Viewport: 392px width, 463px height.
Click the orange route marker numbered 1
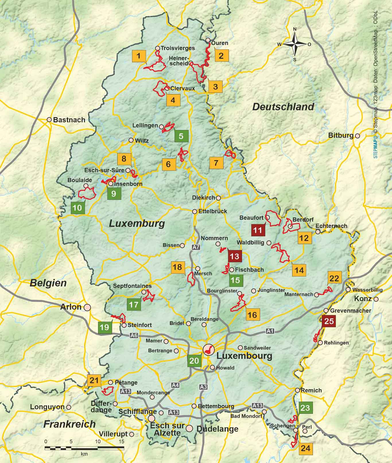pyautogui.click(x=139, y=56)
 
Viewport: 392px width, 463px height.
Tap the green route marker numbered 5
pyautogui.click(x=181, y=136)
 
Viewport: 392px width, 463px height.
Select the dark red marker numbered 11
pyautogui.click(x=258, y=230)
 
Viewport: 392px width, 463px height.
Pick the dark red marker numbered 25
pyautogui.click(x=329, y=321)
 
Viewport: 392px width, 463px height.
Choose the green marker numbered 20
pyautogui.click(x=194, y=361)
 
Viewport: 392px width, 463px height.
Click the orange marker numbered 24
pyautogui.click(x=306, y=448)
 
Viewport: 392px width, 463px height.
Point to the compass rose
pyautogui.click(x=295, y=44)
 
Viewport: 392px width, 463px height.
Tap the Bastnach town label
pyautogui.click(x=69, y=120)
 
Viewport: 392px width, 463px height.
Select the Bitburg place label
pyautogui.click(x=341, y=135)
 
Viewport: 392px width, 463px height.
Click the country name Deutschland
pyautogui.click(x=283, y=107)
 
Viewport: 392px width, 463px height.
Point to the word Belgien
pyautogui.click(x=48, y=283)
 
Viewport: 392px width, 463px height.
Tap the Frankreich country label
pyautogui.click(x=69, y=424)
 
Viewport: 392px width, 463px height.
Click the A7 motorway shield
pyautogui.click(x=196, y=247)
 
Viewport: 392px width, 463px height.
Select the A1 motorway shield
pyautogui.click(x=270, y=331)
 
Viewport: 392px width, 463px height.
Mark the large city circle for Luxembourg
pyautogui.click(x=208, y=349)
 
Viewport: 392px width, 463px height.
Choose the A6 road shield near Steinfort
pyautogui.click(x=134, y=335)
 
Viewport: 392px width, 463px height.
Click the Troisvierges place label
pyautogui.click(x=178, y=48)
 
